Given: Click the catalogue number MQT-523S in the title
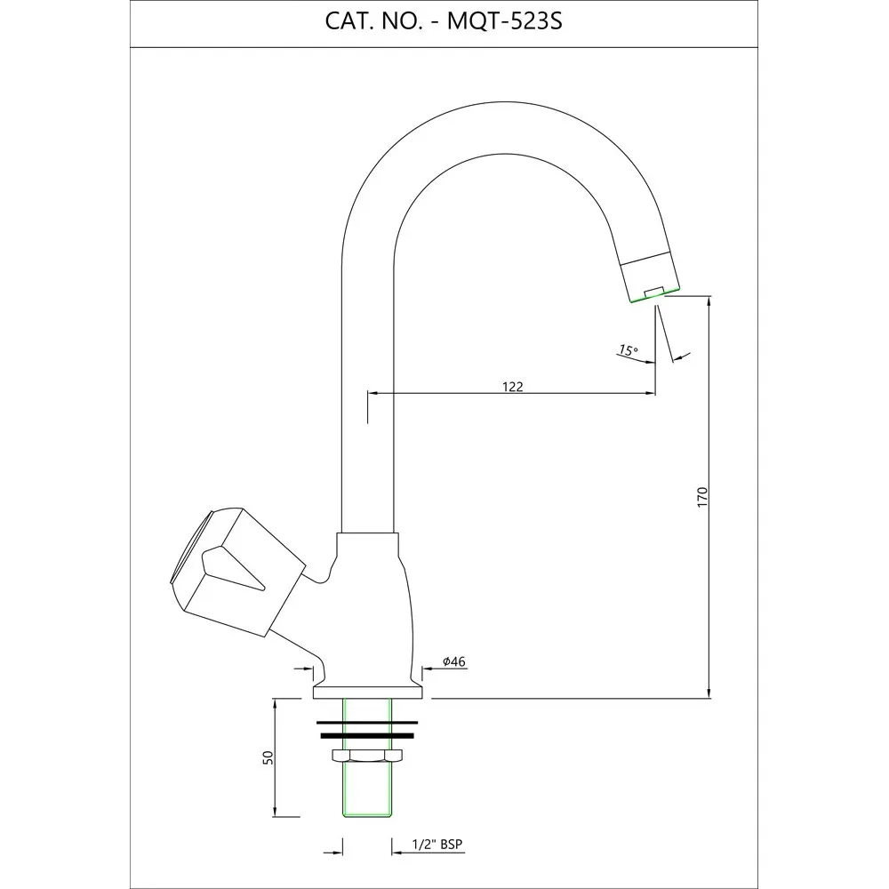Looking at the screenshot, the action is (x=505, y=21).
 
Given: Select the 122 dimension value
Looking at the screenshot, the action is (x=513, y=387).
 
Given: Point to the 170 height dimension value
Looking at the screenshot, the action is (x=703, y=497).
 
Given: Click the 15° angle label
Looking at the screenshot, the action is (x=629, y=350).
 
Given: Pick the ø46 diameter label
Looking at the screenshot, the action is (x=454, y=661).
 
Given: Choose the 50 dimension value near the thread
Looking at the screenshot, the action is (x=268, y=757).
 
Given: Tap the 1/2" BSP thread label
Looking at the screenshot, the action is (x=436, y=845).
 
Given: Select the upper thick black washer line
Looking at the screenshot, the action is (x=367, y=723).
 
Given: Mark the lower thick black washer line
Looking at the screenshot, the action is (x=367, y=736).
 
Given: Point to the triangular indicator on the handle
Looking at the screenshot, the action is (x=231, y=567).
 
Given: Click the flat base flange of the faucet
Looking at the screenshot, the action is (x=368, y=692).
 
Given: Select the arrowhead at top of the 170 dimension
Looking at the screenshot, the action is (x=709, y=300).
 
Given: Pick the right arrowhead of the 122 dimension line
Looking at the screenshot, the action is (x=651, y=392).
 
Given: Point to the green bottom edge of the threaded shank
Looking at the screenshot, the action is (x=367, y=816).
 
